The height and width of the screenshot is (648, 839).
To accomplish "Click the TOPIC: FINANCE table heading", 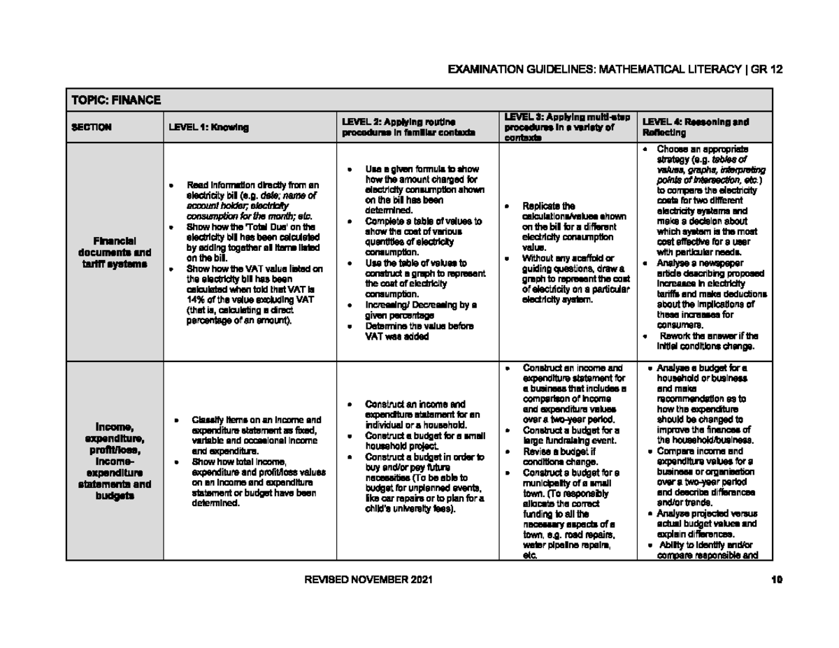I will pyautogui.click(x=116, y=101).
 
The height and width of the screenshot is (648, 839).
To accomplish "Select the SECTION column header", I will pyautogui.click(x=92, y=127).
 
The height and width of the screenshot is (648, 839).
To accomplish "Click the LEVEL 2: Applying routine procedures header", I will pyautogui.click(x=408, y=127).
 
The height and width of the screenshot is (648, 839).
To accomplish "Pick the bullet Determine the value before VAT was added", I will pyautogui.click(x=419, y=331).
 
